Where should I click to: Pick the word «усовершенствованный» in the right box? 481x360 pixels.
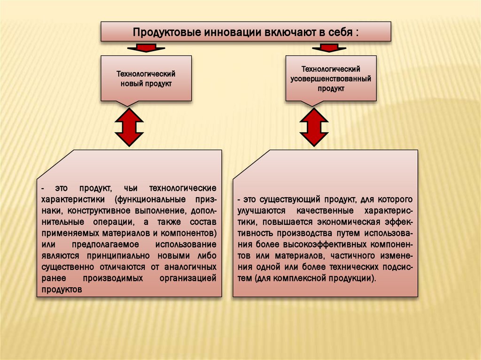point(330,78)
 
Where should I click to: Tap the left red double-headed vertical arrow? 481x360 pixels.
point(129,126)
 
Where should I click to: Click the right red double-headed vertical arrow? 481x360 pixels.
point(314,126)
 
